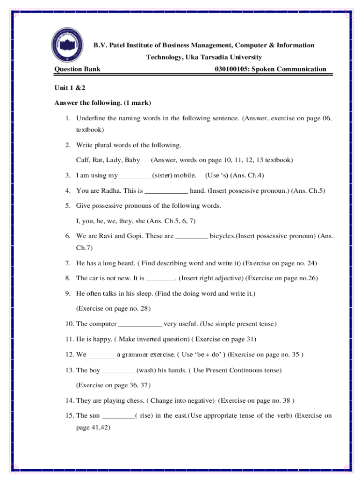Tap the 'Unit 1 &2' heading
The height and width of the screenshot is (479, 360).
pos(70,87)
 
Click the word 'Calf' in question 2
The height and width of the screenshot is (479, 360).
pos(82,160)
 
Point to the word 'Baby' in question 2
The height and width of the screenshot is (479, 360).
pos(132,160)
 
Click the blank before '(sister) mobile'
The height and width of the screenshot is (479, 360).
pos(134,176)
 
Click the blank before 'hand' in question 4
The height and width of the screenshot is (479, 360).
pos(167,191)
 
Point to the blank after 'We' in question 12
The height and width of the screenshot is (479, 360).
pos(102,355)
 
